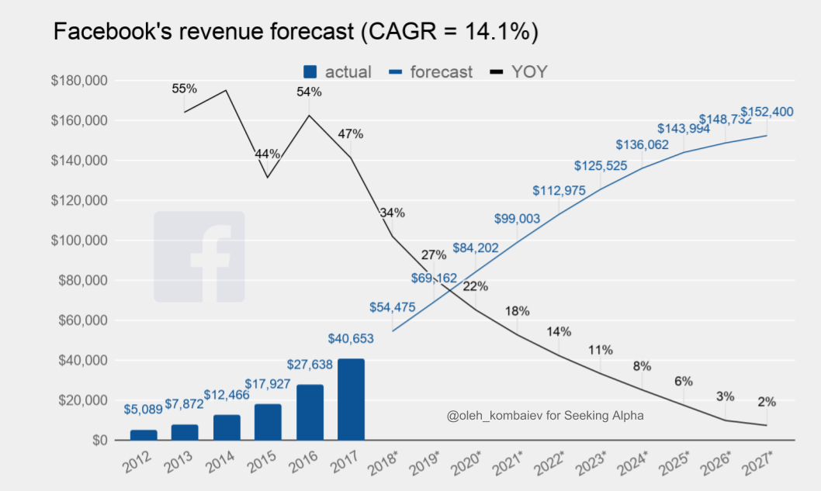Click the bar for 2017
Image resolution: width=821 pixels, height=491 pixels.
tap(351, 399)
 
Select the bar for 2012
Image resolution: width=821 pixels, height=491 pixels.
tap(144, 435)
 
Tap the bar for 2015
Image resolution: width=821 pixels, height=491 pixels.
tap(268, 422)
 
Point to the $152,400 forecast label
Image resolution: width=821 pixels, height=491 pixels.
tap(767, 112)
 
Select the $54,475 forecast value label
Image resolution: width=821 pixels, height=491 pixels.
tap(393, 307)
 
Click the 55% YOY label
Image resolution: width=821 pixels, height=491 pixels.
tap(185, 88)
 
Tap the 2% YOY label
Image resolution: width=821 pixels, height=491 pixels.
tap(767, 402)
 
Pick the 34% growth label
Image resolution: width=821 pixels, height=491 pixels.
tap(392, 213)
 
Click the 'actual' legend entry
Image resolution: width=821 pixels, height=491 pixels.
tap(338, 72)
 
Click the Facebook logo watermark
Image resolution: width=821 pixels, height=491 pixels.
tap(199, 257)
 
